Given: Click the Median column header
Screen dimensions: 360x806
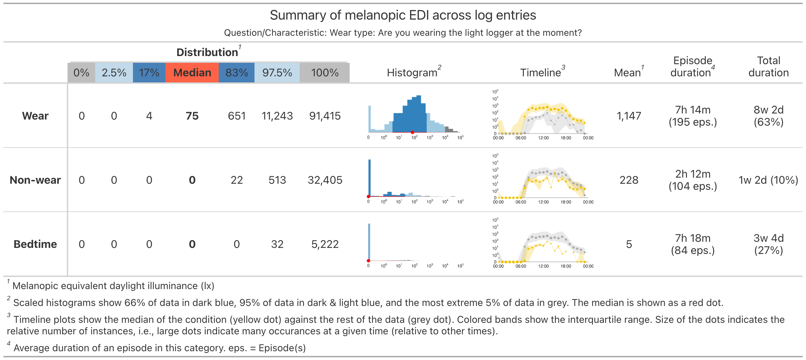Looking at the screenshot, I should [192, 73].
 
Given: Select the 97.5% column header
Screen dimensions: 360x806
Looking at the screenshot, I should [277, 73].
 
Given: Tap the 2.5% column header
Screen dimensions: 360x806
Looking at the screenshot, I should [114, 73].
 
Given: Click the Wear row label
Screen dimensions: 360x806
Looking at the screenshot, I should [35, 116].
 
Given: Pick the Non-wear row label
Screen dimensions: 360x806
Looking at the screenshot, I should [35, 180].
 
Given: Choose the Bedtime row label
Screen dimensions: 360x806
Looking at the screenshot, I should [35, 244].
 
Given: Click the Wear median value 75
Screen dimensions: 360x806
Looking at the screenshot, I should [192, 116].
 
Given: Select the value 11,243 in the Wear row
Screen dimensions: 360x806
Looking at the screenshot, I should [277, 116].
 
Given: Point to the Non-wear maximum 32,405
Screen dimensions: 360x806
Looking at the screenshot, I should [325, 180].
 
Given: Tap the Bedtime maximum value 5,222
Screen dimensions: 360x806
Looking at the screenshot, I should [325, 244].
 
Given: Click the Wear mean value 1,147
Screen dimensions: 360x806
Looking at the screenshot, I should [629, 116].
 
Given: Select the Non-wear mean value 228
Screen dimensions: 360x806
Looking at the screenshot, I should [629, 180].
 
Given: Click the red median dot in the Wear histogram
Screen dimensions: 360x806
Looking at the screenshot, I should [412, 132].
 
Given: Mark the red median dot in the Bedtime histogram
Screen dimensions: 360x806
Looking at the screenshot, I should [369, 261].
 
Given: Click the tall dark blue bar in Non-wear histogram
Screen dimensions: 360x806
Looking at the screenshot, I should [370, 177].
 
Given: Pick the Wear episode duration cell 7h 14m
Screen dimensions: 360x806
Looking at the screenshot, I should [693, 110].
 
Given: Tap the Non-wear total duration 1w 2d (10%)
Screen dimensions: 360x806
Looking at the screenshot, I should [768, 180].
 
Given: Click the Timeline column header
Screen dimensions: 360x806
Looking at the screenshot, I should [540, 73].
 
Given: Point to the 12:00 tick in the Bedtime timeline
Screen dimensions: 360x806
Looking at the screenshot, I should [543, 266].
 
